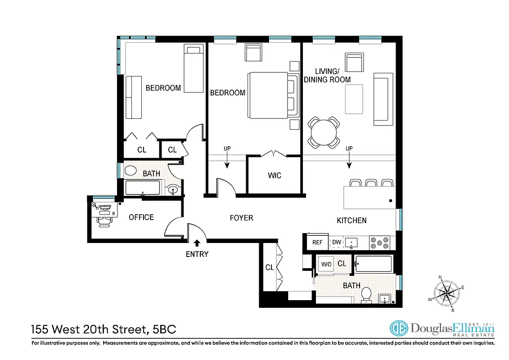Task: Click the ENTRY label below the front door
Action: (x=197, y=254)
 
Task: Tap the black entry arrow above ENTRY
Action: (x=194, y=243)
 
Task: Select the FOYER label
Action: (x=241, y=218)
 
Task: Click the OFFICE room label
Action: (x=141, y=217)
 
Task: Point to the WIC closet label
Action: (x=275, y=175)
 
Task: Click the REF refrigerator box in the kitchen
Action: (x=317, y=242)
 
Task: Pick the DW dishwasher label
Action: (x=336, y=242)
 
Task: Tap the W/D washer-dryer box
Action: (x=325, y=264)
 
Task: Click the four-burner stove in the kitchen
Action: (x=379, y=243)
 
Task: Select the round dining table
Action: (x=323, y=132)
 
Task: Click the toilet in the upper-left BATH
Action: (x=131, y=171)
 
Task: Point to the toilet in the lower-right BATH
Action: (x=366, y=293)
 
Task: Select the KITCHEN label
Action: (x=351, y=220)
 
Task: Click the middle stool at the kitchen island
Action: (x=371, y=183)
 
